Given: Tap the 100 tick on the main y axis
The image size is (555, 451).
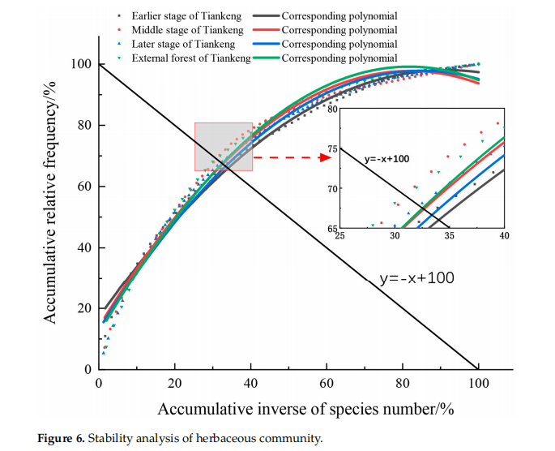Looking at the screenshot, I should coord(82,64).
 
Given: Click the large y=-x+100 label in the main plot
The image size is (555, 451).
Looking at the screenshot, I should coord(416,278).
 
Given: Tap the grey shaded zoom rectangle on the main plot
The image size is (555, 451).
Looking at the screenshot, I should coord(224,146).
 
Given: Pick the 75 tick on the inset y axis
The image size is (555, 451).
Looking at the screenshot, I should coord(332,148).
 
